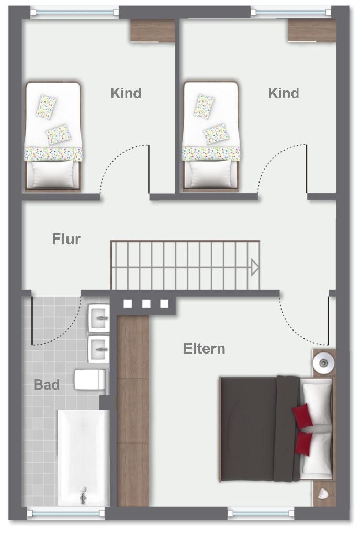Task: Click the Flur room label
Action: point(66,240)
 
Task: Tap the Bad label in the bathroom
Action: point(47,385)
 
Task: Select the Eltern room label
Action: point(204,348)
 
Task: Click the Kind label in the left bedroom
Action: point(126,93)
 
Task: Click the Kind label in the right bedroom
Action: point(284,93)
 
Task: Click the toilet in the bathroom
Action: point(90,380)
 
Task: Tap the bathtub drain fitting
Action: point(83,494)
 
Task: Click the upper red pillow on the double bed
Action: point(302,415)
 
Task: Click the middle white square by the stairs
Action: point(147,303)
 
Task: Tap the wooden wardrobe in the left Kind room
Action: point(152,30)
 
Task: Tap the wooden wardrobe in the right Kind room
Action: point(311,30)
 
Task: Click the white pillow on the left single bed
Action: point(52,174)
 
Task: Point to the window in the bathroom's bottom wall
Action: point(66,513)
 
